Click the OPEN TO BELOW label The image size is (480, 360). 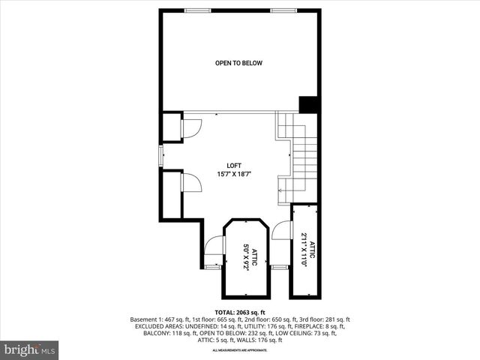click(x=238, y=63)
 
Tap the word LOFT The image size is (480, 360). click(x=235, y=166)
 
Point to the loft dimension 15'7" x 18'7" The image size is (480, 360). click(x=235, y=174)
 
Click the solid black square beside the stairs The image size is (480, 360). click(x=309, y=105)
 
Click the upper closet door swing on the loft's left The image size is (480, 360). click(x=191, y=128)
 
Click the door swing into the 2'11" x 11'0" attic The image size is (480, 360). click(x=281, y=230)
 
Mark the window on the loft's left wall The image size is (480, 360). click(x=160, y=155)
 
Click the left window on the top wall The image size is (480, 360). click(x=197, y=10)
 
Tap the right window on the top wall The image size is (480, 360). click(x=283, y=10)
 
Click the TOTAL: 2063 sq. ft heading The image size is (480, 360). click(x=240, y=312)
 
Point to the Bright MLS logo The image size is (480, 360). click(x=30, y=349)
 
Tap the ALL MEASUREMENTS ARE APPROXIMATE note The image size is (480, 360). click(x=240, y=350)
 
